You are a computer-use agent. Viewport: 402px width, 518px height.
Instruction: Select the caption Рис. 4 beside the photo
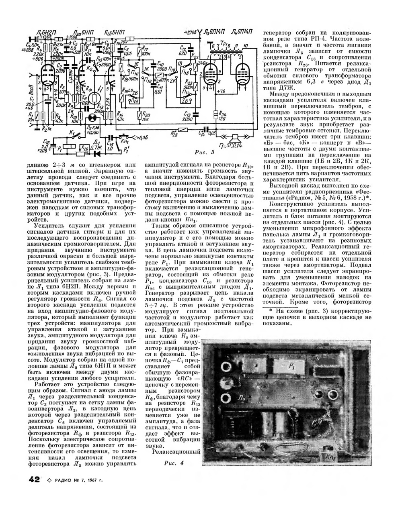174,463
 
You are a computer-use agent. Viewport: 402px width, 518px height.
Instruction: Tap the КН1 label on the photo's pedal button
331,457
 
